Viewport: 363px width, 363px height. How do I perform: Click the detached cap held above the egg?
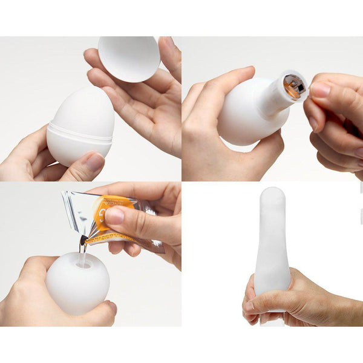coord(129,57)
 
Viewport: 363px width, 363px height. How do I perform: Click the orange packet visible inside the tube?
coord(294,87)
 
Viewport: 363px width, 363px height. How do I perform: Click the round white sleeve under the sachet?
coord(77,284)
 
